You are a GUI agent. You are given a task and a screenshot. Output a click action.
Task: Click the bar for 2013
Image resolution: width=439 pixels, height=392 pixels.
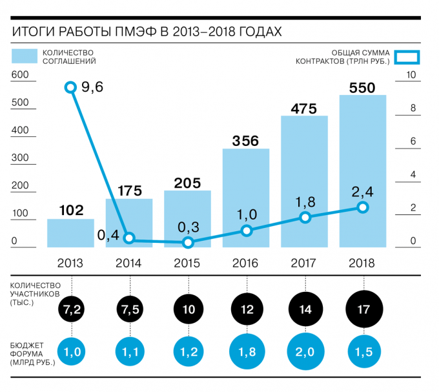70,232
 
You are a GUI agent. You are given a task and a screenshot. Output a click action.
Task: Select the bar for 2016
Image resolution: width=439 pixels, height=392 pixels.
246,198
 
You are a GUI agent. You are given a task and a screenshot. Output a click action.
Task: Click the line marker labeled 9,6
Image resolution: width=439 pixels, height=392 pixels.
70,87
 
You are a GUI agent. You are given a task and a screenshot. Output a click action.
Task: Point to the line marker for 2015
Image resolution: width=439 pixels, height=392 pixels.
188,243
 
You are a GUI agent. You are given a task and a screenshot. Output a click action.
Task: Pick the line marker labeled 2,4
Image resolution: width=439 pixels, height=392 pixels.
363,207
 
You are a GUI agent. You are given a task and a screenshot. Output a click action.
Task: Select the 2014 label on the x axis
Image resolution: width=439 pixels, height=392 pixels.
128,263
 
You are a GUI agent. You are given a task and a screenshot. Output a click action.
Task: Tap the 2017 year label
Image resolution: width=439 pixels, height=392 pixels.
304,263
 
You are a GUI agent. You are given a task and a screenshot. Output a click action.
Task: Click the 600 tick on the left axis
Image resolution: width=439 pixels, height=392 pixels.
20,76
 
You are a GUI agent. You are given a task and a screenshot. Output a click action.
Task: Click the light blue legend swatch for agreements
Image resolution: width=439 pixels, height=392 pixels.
24,56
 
